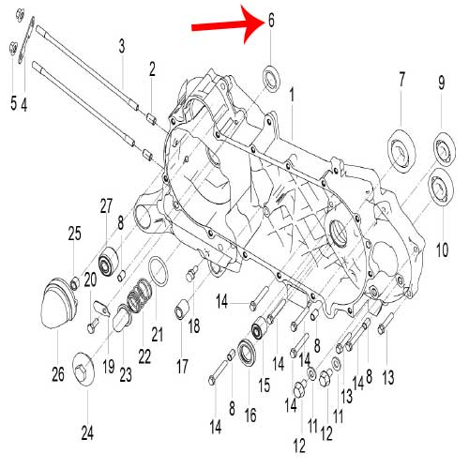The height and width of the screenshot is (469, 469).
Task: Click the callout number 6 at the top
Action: (271, 21)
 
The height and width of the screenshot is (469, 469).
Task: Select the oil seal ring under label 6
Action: (271, 78)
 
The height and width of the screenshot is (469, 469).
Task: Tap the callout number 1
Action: (292, 95)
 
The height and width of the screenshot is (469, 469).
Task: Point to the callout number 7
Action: (401, 80)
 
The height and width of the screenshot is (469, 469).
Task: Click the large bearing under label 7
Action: (401, 150)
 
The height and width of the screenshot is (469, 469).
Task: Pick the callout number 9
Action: (441, 83)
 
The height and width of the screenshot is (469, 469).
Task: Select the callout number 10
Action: (442, 250)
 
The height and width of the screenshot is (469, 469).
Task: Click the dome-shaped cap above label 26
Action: (58, 303)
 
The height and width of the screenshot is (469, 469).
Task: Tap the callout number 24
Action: (87, 433)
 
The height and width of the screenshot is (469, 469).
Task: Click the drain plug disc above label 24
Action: (83, 369)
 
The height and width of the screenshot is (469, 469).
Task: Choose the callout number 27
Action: (106, 206)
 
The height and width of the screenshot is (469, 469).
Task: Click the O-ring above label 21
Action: (158, 271)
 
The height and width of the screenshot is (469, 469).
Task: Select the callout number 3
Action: (122, 46)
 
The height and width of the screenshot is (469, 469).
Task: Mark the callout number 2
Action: (152, 69)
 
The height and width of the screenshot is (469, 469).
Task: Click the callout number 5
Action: (13, 103)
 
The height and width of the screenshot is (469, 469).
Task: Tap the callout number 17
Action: (182, 366)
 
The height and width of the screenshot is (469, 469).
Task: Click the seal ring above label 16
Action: (248, 354)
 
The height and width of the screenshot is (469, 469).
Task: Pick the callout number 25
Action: (75, 234)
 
